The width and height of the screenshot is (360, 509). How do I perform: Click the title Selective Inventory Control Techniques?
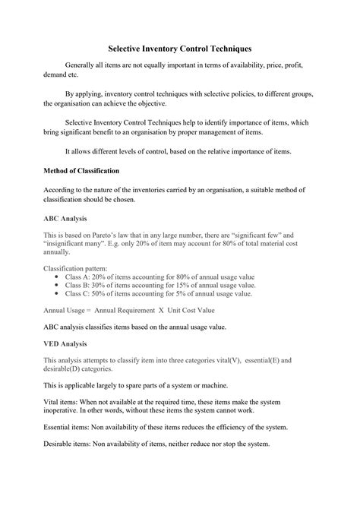(179, 48)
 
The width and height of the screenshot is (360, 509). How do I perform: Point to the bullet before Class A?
(58, 277)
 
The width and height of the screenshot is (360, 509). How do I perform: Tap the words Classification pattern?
(75, 269)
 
